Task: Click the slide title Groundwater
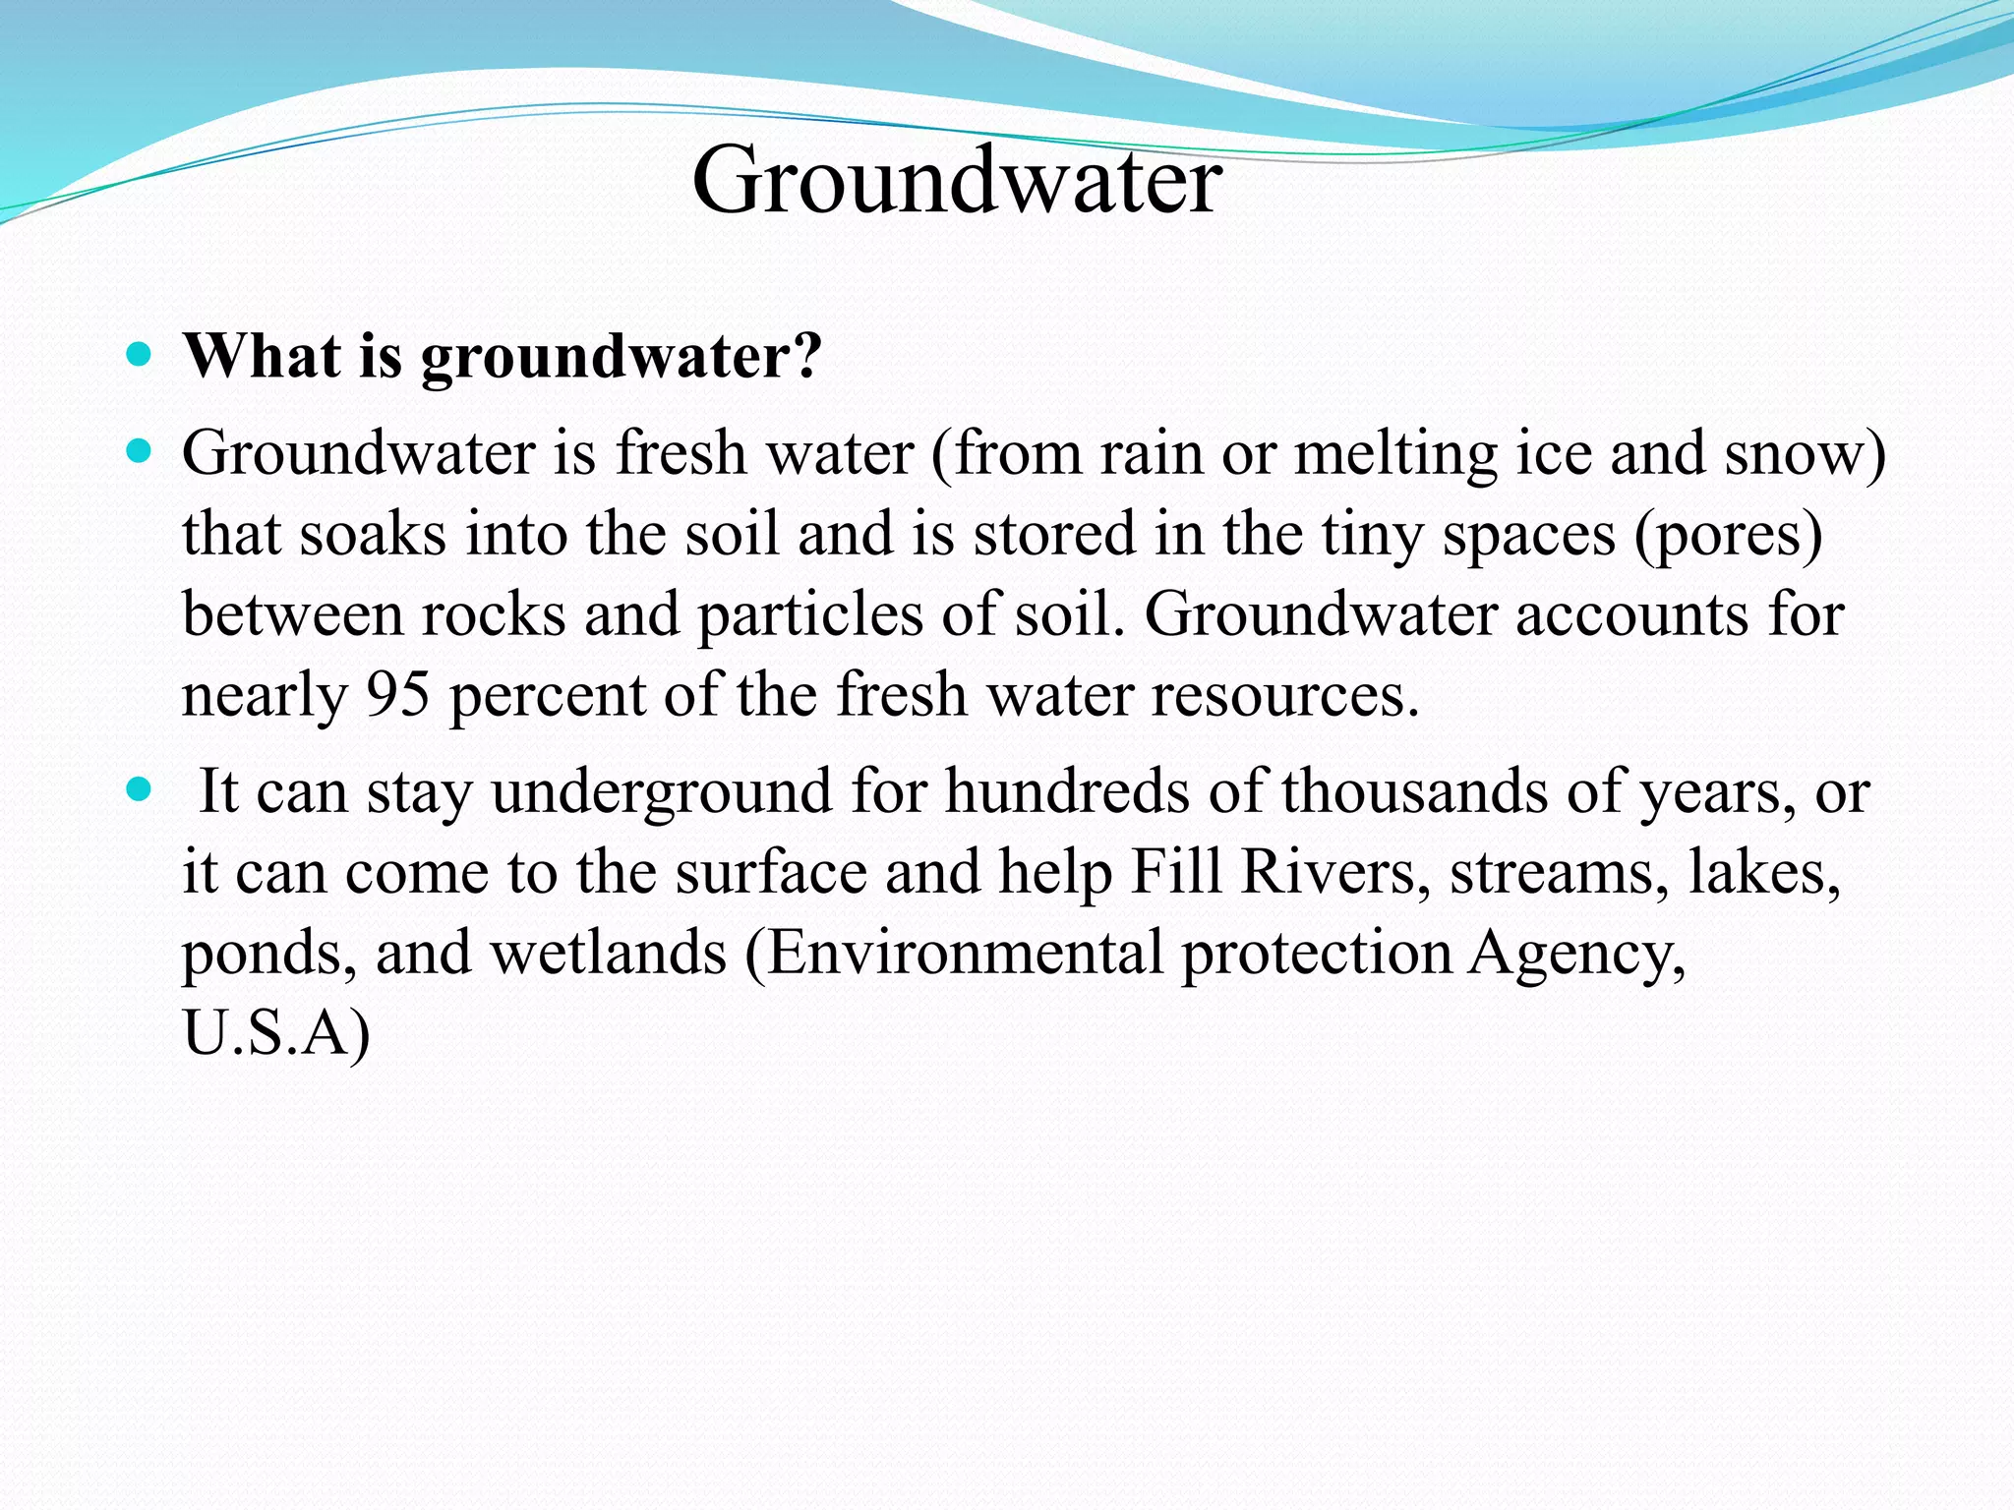pos(957,180)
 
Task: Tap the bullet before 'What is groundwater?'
pos(140,354)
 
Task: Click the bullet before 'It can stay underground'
pos(140,788)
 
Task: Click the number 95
pos(398,695)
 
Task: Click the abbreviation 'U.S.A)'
pos(276,1034)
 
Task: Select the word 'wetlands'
pos(608,953)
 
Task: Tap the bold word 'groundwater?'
pos(622,357)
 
